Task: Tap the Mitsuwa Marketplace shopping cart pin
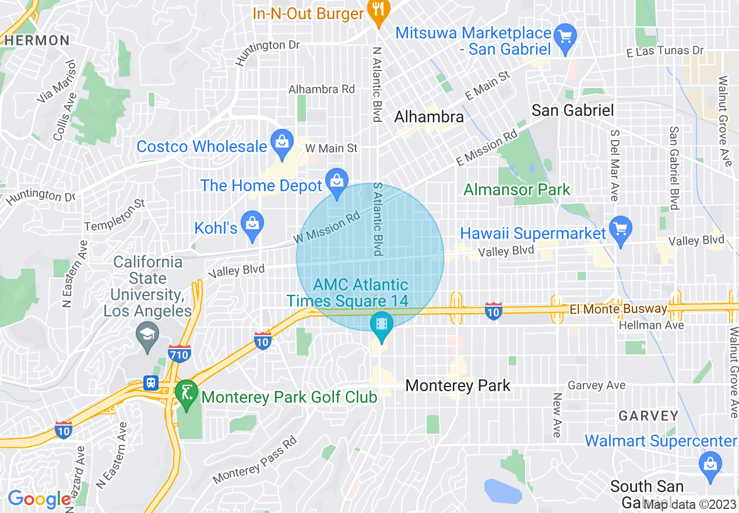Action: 565,37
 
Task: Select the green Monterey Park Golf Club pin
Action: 186,393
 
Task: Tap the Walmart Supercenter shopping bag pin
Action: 710,465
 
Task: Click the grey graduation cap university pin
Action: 147,335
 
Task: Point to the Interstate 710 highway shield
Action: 178,353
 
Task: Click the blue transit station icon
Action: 151,383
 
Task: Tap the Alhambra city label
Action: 429,117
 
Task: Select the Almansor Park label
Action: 517,189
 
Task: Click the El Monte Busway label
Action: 619,309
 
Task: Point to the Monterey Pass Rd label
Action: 255,461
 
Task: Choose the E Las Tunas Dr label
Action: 665,51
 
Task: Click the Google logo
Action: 38,499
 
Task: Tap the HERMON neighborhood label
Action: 38,41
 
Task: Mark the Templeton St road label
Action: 114,215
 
